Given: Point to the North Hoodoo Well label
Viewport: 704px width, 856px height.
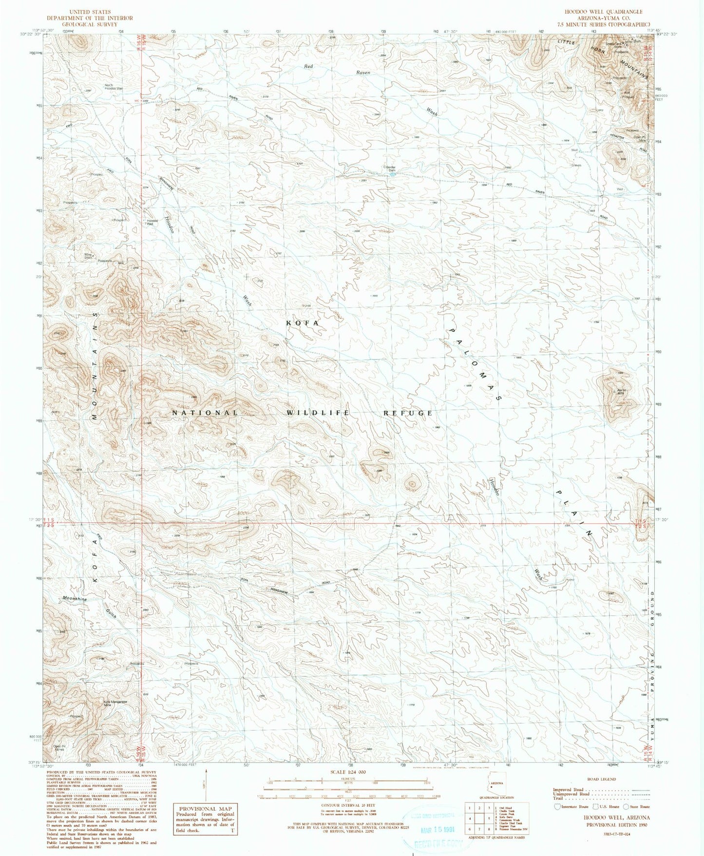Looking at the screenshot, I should [114, 87].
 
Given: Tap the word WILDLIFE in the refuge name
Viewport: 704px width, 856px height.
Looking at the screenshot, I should [318, 413].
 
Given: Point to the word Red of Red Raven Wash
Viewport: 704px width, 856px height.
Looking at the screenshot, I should [307, 65].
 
